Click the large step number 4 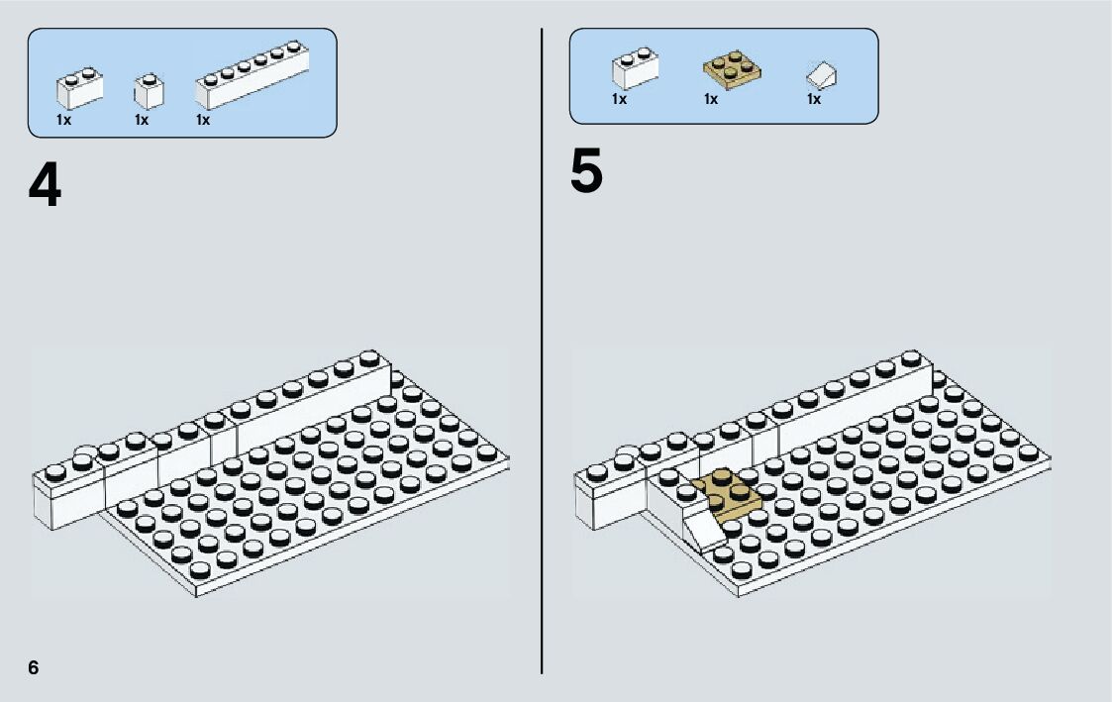[x=45, y=186]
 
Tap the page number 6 [x=34, y=668]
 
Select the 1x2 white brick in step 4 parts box [x=78, y=88]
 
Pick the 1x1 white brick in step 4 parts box [x=148, y=91]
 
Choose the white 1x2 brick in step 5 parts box [x=633, y=70]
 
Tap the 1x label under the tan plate [x=710, y=99]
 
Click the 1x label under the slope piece [x=813, y=99]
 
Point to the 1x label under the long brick [x=203, y=120]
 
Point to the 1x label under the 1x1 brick [x=142, y=120]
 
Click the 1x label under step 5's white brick [x=619, y=99]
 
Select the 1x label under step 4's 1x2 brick [x=63, y=120]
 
